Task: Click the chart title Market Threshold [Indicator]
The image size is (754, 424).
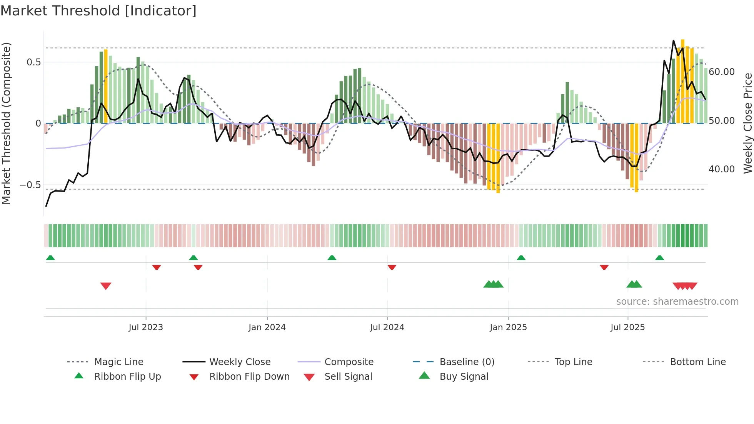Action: click(98, 11)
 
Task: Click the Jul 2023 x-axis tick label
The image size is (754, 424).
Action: click(146, 327)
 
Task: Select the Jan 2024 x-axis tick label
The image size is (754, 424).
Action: click(267, 327)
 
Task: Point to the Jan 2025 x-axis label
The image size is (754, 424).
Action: click(508, 327)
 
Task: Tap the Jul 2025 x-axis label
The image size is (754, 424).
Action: click(627, 327)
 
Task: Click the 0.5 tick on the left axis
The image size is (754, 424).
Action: click(34, 62)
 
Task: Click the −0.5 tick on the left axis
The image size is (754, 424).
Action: click(30, 185)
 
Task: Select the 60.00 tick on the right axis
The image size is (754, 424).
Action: click(722, 72)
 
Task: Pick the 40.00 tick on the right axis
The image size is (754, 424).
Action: click(722, 169)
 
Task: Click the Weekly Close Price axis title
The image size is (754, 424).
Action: click(747, 123)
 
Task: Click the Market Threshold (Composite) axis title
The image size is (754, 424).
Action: click(6, 123)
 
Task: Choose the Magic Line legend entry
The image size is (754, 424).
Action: click(118, 362)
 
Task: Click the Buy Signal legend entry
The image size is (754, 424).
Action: click(464, 377)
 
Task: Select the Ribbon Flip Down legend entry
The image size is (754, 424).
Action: click(249, 377)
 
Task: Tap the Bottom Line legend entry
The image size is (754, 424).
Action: click(697, 362)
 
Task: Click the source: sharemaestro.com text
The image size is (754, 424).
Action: click(677, 302)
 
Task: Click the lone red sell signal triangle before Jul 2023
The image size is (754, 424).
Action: click(106, 286)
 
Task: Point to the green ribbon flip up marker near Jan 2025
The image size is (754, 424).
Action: click(521, 258)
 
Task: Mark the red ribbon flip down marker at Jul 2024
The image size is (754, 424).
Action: click(392, 267)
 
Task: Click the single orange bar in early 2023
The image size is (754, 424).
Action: click(106, 87)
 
